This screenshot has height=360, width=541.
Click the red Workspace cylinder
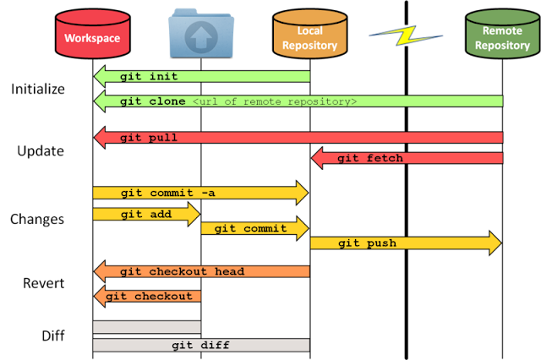[92, 34]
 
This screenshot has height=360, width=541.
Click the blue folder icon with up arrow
[201, 34]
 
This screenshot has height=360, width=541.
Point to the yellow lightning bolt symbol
[406, 35]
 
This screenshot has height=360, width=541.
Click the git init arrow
[201, 76]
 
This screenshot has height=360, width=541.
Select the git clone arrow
[298, 101]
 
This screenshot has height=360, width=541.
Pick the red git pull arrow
[298, 138]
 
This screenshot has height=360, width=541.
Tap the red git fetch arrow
[407, 158]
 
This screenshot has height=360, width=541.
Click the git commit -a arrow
[200, 193]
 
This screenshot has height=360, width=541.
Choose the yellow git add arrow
[146, 214]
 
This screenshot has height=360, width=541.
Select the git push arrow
[406, 243]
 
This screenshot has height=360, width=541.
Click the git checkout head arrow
[201, 271]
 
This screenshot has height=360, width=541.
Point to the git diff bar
[201, 345]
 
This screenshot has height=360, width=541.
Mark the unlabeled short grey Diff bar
[146, 327]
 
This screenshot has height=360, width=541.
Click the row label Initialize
[38, 89]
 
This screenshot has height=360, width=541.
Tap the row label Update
[41, 151]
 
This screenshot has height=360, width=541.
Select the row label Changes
[37, 220]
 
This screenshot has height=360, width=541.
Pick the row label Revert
[44, 283]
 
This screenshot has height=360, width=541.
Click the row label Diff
[53, 335]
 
